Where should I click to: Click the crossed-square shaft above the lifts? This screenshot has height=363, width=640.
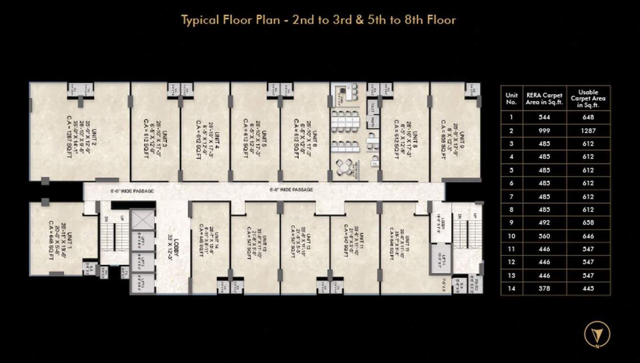(x=143, y=220)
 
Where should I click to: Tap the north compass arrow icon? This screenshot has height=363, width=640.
(x=597, y=333)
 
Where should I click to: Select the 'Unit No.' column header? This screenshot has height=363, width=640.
(x=512, y=98)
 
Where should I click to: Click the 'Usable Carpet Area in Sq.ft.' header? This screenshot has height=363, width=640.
(x=588, y=98)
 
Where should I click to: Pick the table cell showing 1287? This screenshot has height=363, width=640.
(x=588, y=130)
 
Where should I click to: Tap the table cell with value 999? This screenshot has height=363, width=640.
(x=544, y=130)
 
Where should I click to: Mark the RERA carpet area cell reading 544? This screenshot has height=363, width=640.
(x=544, y=117)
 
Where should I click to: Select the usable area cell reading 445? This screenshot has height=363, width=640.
(x=588, y=289)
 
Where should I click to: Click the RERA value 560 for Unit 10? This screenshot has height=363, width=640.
(x=544, y=236)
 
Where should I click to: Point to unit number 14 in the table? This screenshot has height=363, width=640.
(x=512, y=289)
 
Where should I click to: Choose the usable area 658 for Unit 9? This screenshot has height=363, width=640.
(x=588, y=222)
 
